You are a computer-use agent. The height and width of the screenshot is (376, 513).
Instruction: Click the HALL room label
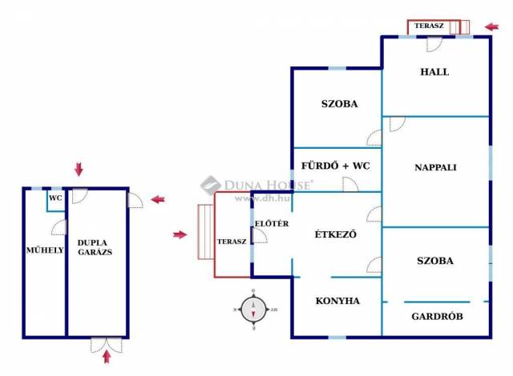click(x=434, y=72)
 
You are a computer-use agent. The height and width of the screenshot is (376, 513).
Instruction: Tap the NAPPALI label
click(x=435, y=167)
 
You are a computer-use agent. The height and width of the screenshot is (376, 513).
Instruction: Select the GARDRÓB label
click(x=437, y=316)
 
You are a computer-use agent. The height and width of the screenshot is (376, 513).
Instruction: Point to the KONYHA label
click(x=337, y=301)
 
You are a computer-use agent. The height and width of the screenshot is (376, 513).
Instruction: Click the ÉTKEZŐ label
click(x=335, y=234)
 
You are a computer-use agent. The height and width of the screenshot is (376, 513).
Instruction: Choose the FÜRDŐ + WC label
click(x=335, y=166)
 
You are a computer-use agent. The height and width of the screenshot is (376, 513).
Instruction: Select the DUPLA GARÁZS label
click(x=95, y=246)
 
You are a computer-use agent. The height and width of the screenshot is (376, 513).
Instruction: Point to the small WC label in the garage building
click(x=55, y=198)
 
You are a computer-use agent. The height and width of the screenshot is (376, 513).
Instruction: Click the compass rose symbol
click(x=254, y=309)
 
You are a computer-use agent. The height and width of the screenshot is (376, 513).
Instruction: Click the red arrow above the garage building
click(x=78, y=169)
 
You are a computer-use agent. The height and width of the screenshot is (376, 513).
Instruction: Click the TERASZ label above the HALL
click(x=429, y=26)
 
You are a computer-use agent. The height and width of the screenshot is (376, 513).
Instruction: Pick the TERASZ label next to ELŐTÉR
click(x=232, y=242)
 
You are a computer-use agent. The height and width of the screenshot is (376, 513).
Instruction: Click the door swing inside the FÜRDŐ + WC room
click(x=350, y=183)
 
